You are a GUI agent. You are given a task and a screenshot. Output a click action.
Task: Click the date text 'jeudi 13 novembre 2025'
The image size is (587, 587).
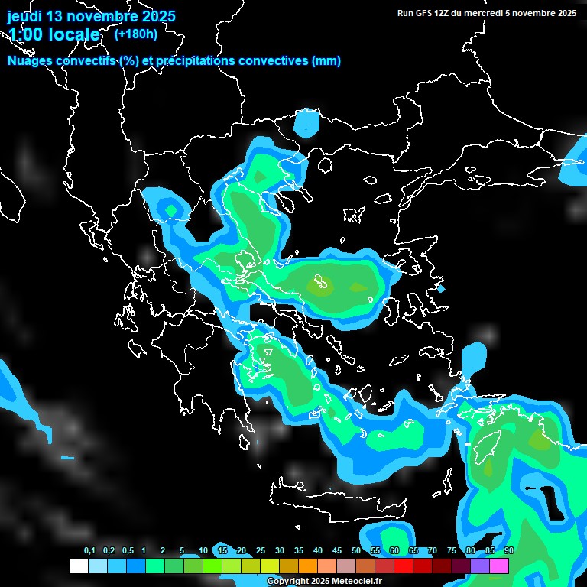click(91, 16)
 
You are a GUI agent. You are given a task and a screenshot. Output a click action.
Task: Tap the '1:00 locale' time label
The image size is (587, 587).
click(54, 34)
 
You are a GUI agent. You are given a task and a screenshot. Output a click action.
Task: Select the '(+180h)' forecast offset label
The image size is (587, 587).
click(136, 34)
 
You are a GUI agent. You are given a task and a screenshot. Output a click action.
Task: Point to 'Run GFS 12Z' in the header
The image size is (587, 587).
click(423, 12)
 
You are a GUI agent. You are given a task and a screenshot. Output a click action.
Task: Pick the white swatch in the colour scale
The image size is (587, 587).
click(78, 566)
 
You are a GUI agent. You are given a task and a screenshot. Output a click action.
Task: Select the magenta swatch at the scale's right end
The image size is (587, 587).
click(499, 566)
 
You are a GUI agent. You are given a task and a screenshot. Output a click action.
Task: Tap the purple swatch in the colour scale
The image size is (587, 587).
click(480, 566)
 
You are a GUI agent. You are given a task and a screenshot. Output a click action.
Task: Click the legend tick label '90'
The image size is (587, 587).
click(509, 551)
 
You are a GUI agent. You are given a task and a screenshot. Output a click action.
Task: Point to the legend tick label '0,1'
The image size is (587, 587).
click(89, 551)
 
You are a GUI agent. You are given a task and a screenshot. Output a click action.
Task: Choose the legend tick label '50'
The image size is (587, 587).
click(356, 551)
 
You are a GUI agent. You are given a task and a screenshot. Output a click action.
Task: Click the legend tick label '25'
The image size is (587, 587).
click(261, 551)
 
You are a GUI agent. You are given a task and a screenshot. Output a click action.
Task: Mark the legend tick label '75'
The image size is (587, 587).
click(452, 551)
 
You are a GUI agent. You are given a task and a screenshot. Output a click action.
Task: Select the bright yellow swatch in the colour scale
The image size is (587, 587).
click(269, 566)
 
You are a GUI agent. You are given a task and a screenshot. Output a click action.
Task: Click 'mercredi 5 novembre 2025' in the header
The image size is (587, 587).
click(526, 12)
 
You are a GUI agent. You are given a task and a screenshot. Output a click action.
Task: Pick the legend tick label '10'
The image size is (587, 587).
click(203, 551)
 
